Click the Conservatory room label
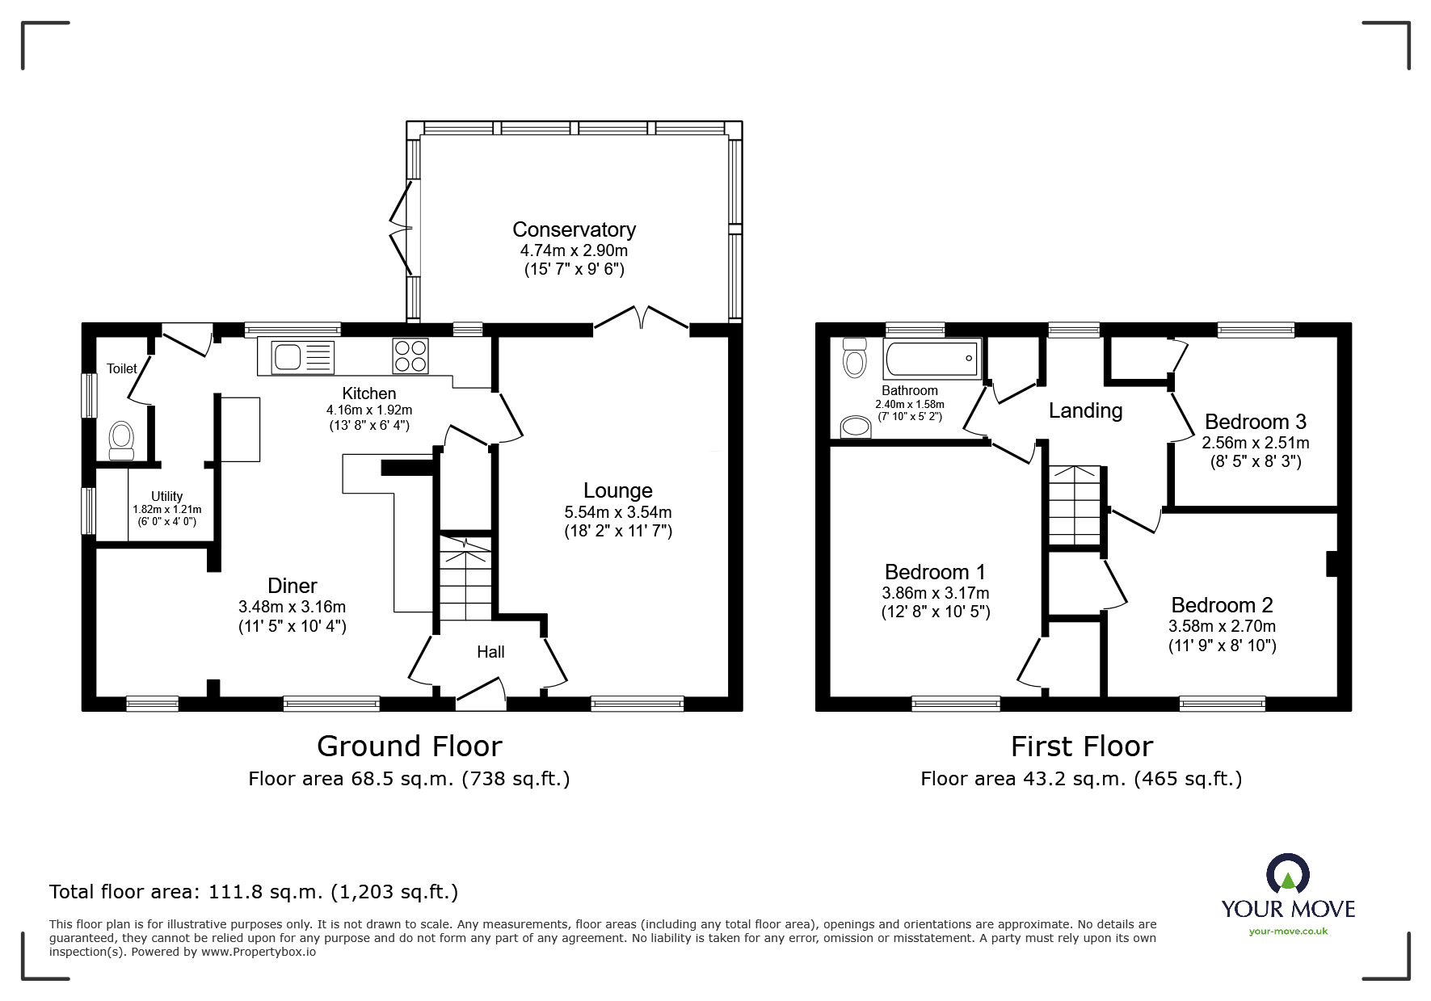click(x=574, y=229)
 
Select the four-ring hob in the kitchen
click(x=410, y=355)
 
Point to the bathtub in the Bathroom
click(x=932, y=359)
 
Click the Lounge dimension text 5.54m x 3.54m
click(x=617, y=512)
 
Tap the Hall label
click(x=490, y=652)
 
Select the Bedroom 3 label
click(x=1255, y=422)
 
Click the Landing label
click(x=1085, y=410)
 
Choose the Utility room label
click(x=166, y=496)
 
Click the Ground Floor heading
click(x=409, y=746)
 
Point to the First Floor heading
click(x=1081, y=746)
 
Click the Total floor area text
click(x=254, y=892)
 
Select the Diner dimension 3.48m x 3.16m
click(x=292, y=607)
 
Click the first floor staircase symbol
click(x=1075, y=506)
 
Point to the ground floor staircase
click(x=465, y=578)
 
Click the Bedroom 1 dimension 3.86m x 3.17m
click(x=935, y=593)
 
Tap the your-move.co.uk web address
click(x=1288, y=931)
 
